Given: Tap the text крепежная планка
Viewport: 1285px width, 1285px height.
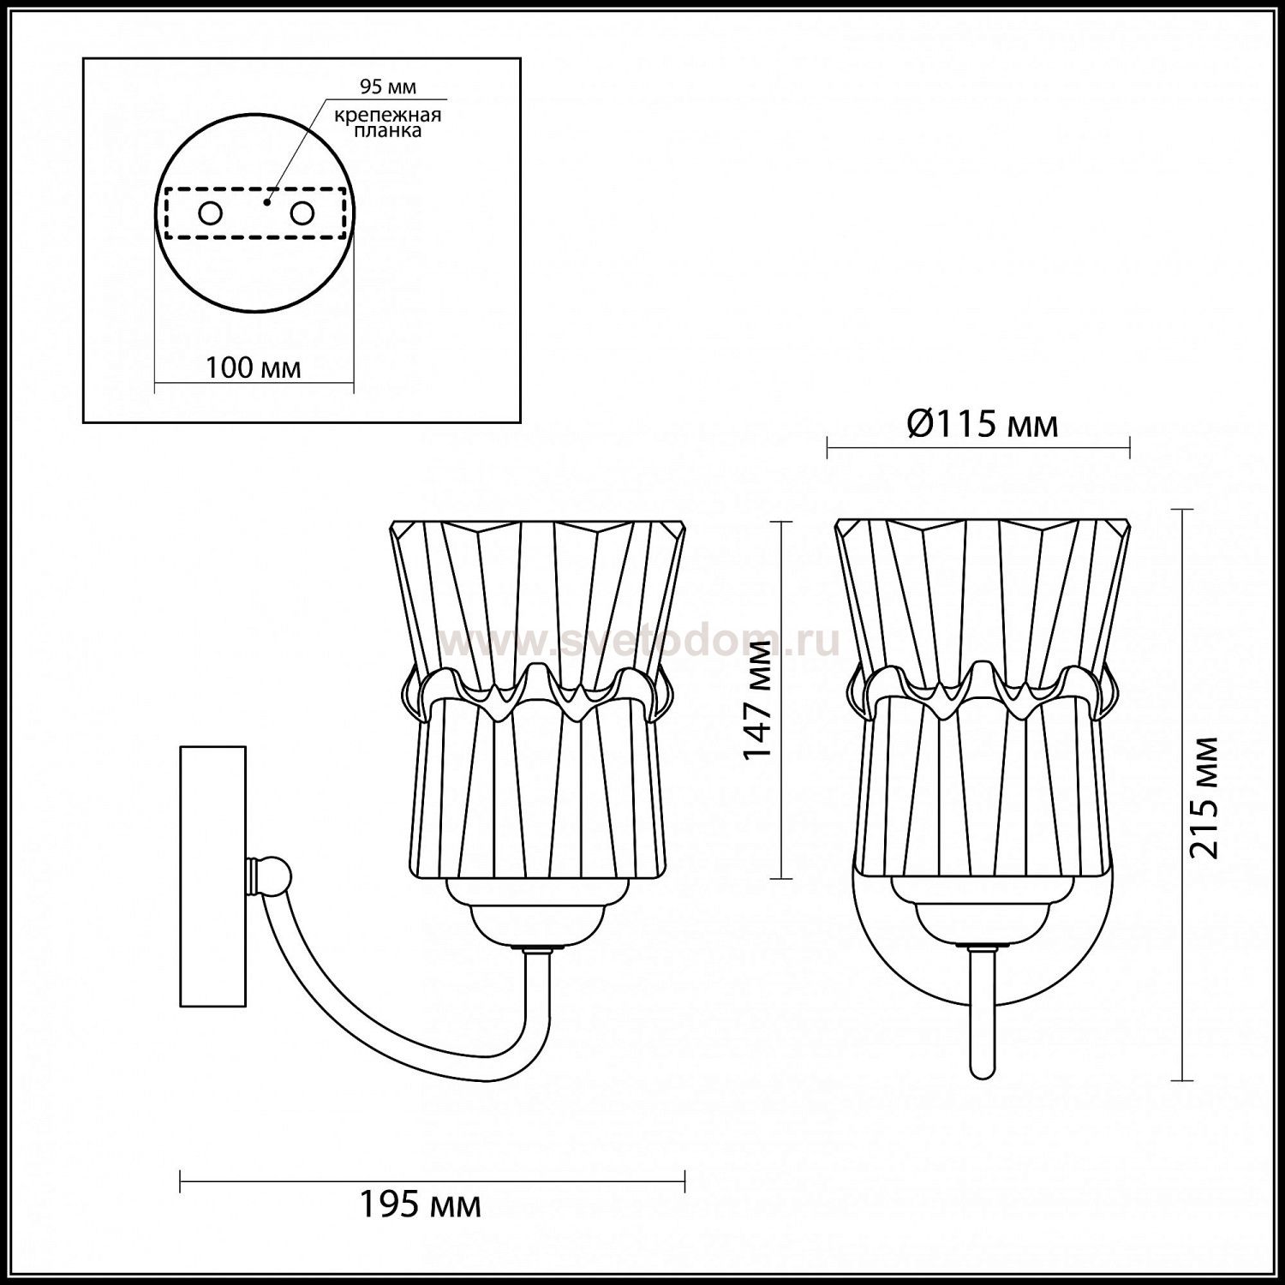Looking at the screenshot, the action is pos(389,123).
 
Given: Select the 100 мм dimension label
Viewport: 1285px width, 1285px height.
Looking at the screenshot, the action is pos(254,368).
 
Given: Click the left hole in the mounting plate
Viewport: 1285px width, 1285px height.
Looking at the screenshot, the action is pos(209,213).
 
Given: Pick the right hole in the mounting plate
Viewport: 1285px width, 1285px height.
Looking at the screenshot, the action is pos(301,213).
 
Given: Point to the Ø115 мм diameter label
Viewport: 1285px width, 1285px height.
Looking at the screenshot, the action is pos(982,424).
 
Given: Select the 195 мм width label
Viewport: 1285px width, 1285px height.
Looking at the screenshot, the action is pos(419,1205).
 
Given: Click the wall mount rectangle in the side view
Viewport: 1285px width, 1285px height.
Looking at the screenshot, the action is pos(213,876).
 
